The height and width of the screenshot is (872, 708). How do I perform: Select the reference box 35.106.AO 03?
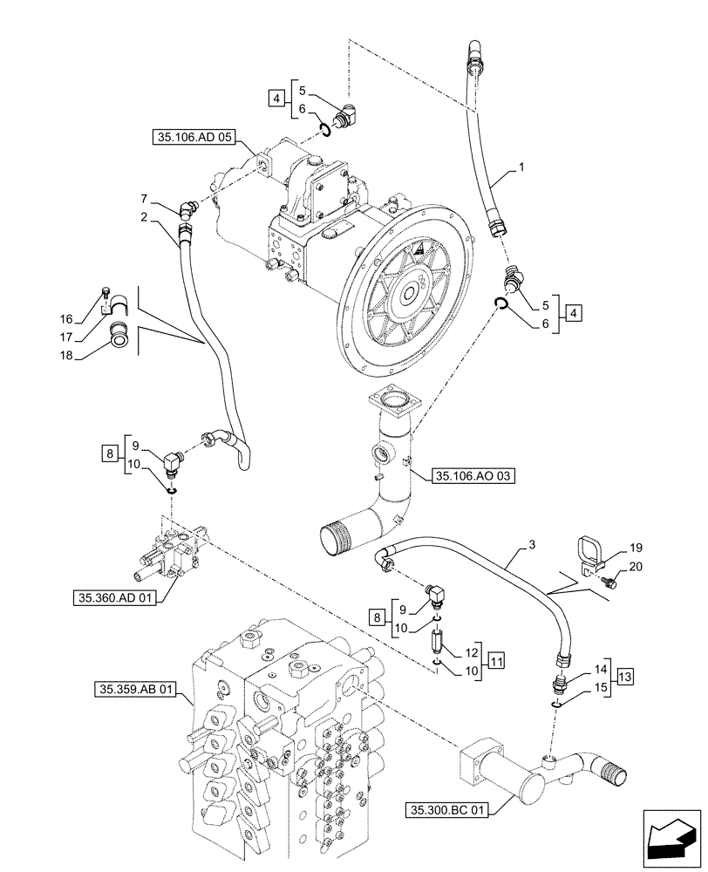click(x=474, y=475)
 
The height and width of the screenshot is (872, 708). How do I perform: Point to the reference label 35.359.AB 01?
click(x=134, y=691)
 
